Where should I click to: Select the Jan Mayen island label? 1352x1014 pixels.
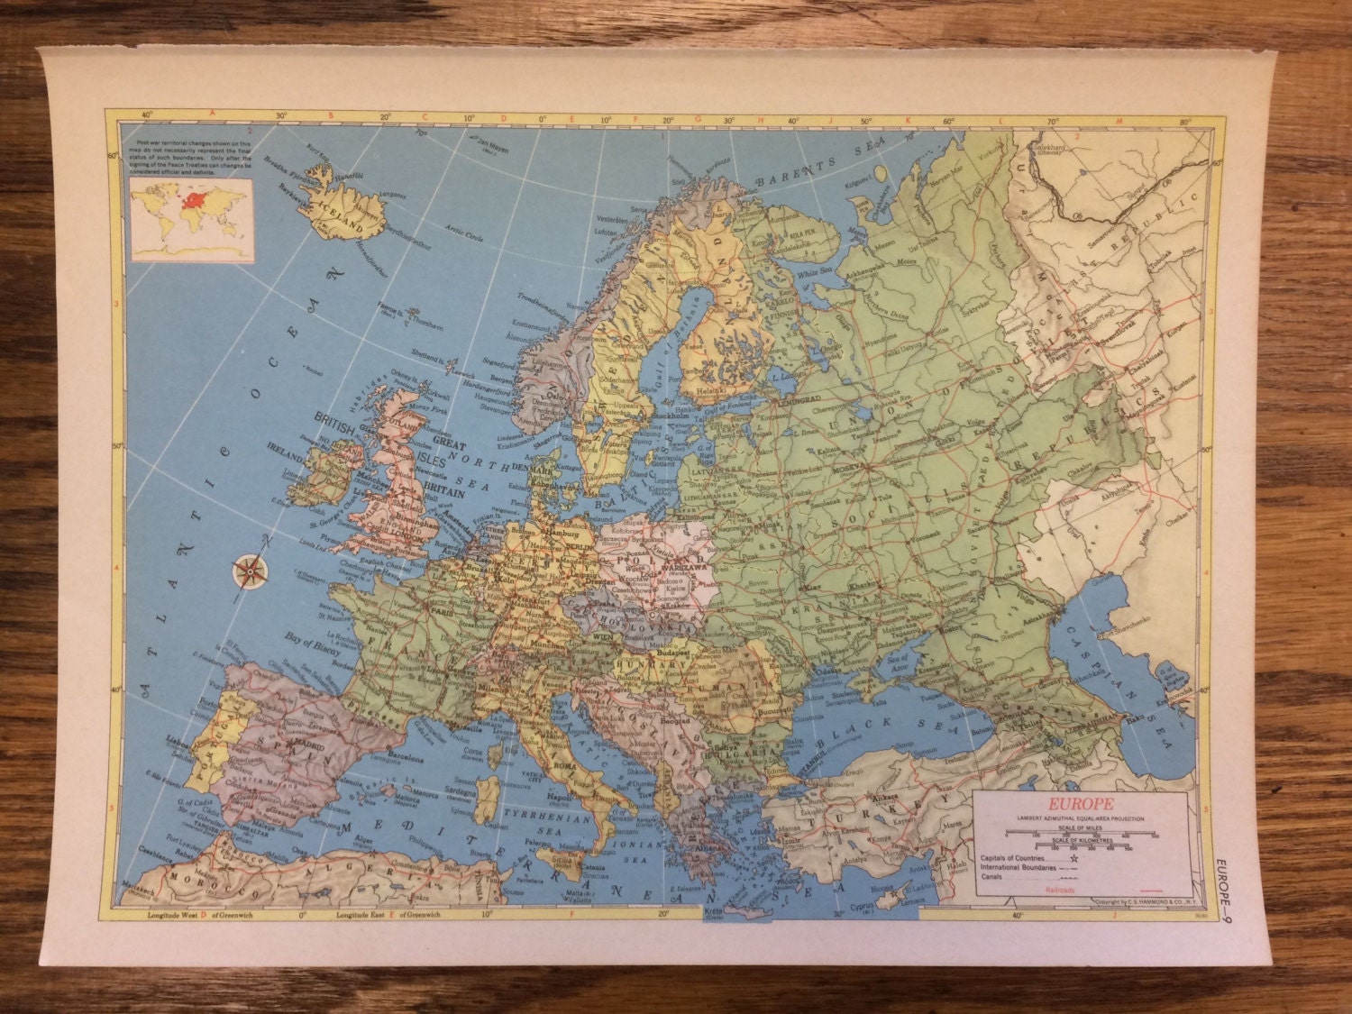(494, 143)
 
